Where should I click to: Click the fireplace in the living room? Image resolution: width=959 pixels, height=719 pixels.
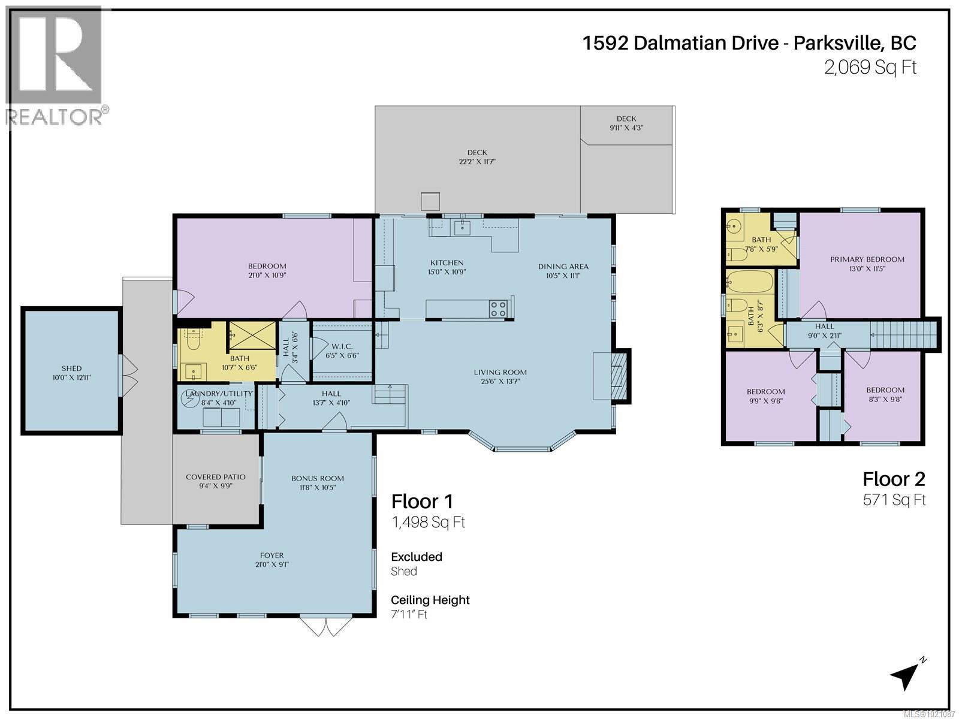pos(617,376)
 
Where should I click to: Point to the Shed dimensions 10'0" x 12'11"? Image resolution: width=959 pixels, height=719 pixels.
pos(71,377)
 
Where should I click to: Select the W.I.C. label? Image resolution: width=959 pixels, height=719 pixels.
pos(342,347)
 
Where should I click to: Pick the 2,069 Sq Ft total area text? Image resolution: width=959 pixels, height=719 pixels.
pos(870,67)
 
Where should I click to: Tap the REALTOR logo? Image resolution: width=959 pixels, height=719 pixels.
pos(55,66)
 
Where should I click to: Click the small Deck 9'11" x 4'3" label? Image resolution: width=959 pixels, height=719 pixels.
pos(626,123)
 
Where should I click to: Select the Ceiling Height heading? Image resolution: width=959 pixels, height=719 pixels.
pos(430,600)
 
